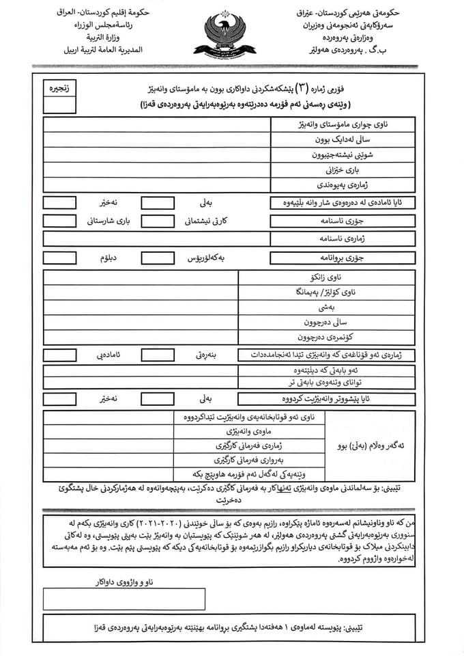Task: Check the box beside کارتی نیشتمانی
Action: click(x=158, y=221)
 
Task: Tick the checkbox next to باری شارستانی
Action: click(x=59, y=221)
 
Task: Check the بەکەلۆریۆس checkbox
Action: click(x=158, y=258)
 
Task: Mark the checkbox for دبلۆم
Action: click(x=59, y=258)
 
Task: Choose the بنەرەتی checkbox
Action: click(x=158, y=355)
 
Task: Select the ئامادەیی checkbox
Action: click(x=59, y=355)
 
